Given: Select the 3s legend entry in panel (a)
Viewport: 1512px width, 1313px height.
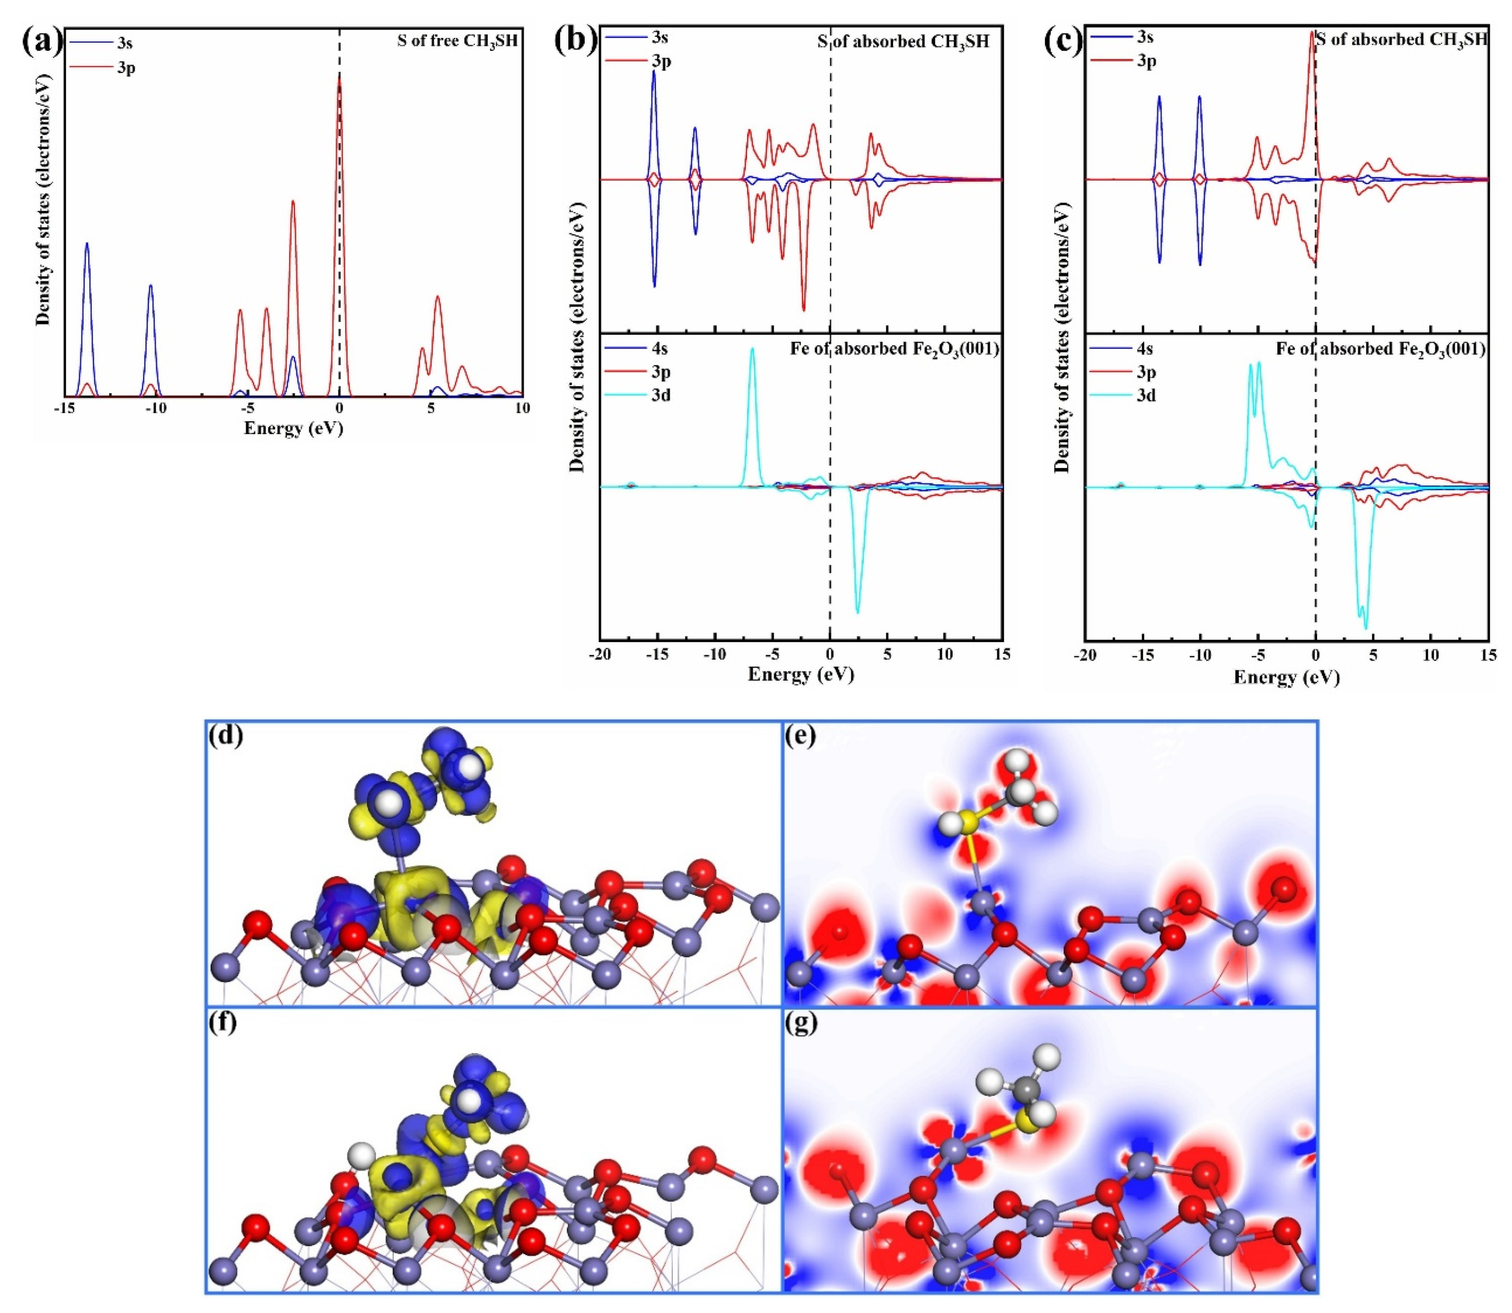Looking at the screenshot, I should tap(124, 42).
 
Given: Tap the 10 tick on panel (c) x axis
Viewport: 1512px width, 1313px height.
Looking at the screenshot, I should tap(1431, 654).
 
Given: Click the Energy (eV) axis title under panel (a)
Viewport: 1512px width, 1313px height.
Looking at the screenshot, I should tap(293, 428).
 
